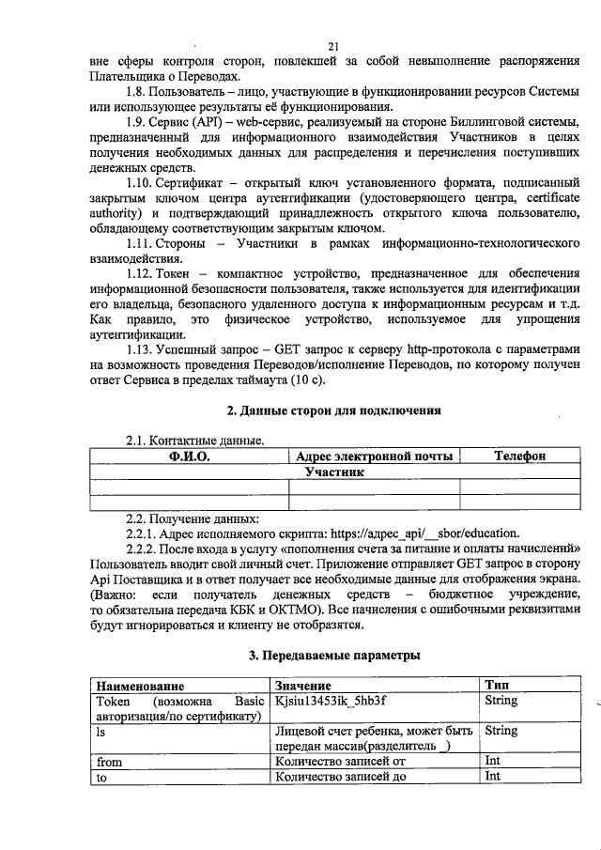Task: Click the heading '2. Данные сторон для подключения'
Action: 334,410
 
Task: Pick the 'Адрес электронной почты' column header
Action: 375,456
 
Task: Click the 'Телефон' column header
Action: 519,456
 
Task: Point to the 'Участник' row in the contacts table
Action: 333,471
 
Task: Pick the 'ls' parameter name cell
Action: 101,729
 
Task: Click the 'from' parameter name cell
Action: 109,762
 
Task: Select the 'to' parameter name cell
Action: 101,777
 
